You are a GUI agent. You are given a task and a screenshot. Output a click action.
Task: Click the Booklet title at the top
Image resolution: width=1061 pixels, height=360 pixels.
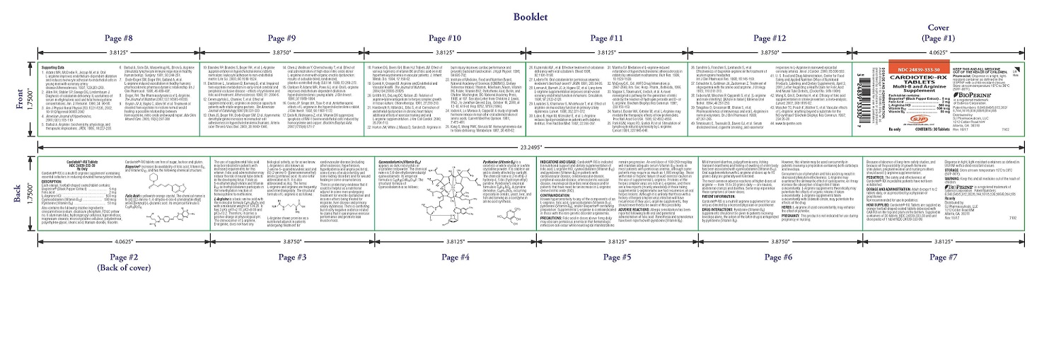point(530,16)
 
